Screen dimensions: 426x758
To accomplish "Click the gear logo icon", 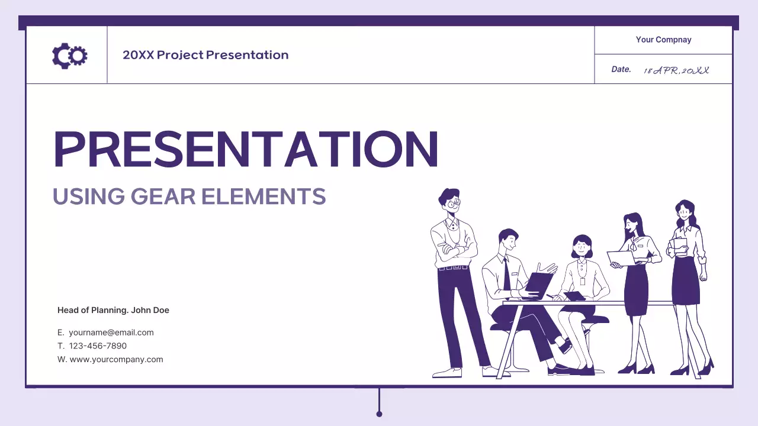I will tap(70, 56).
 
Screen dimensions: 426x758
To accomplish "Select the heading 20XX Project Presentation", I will tap(205, 55).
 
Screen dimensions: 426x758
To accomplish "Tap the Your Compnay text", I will tap(663, 40).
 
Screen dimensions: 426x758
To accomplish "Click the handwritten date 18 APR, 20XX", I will tap(676, 70).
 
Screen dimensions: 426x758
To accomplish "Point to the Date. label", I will tap(621, 69).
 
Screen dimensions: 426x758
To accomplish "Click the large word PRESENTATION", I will tap(246, 150).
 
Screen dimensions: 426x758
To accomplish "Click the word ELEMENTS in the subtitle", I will tap(264, 196).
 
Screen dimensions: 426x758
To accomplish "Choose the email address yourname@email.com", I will tap(111, 333).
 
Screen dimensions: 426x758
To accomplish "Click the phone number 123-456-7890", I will tap(98, 346).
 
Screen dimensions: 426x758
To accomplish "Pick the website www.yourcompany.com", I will tap(116, 359).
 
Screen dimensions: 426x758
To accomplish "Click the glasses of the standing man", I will tap(454, 203).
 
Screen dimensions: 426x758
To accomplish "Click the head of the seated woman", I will tap(582, 244).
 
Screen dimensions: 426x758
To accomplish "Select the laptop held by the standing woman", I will tap(620, 259).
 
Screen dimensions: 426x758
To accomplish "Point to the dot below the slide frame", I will tap(379, 414).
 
